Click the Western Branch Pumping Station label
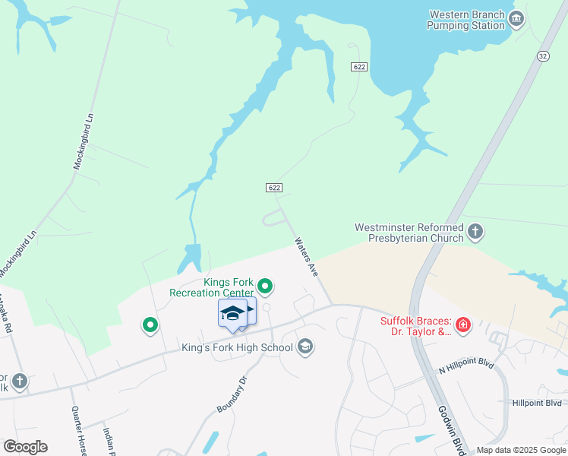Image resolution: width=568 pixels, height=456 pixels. coord(466,20)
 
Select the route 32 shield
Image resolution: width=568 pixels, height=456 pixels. coord(542,56)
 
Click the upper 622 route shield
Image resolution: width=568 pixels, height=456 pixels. coord(360,67)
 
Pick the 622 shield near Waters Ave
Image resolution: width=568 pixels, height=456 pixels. coord(274,188)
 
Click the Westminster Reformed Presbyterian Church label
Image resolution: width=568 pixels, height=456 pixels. coord(409,233)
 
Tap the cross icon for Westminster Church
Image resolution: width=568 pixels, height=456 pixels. coord(475,231)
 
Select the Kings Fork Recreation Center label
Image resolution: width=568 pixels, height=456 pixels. coord(211,287)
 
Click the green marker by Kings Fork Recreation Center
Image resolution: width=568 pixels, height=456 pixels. coord(265,287)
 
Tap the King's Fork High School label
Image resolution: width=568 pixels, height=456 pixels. coord(237,348)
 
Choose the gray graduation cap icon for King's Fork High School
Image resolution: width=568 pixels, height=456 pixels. coord(305,347)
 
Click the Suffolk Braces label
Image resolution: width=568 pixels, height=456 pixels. coord(415,325)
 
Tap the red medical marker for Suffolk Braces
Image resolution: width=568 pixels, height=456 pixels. coord(463,326)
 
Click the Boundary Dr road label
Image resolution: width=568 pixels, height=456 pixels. coord(232,394)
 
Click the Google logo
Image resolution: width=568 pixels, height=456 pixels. coord(25,446)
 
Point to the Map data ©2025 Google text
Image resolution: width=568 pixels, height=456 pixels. coord(520,450)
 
